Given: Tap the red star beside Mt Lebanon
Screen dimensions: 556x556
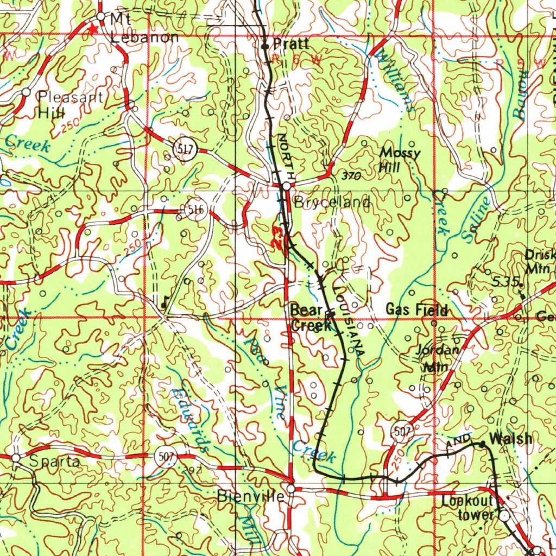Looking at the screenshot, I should pyautogui.click(x=93, y=29).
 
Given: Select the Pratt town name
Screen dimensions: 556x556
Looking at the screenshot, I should pyautogui.click(x=291, y=43).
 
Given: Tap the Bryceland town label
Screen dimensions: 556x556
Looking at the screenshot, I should pyautogui.click(x=332, y=203).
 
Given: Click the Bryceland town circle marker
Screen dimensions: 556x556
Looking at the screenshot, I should pyautogui.click(x=286, y=186).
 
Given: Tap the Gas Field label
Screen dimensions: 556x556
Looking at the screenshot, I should pyautogui.click(x=416, y=310).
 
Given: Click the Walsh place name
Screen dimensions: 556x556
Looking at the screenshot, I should pyautogui.click(x=510, y=439).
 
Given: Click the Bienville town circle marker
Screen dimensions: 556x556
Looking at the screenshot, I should pyautogui.click(x=292, y=489).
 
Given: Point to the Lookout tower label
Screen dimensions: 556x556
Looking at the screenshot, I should pyautogui.click(x=467, y=507).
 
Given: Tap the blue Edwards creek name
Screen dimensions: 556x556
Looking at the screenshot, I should pyautogui.click(x=191, y=420).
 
